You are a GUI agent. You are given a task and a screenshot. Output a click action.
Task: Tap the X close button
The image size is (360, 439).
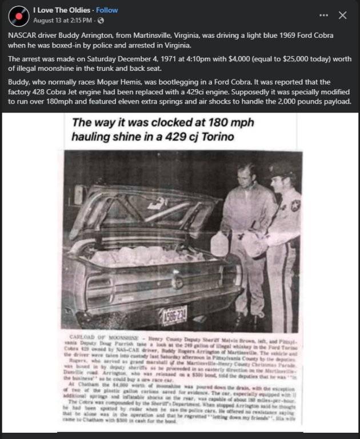(342, 15)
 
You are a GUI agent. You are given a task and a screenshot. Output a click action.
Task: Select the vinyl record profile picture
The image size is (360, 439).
(18, 15)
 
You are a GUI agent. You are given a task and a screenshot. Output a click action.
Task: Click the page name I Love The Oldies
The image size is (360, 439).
(63, 10)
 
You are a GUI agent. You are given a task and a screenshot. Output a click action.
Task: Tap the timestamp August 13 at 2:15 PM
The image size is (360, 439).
(63, 21)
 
